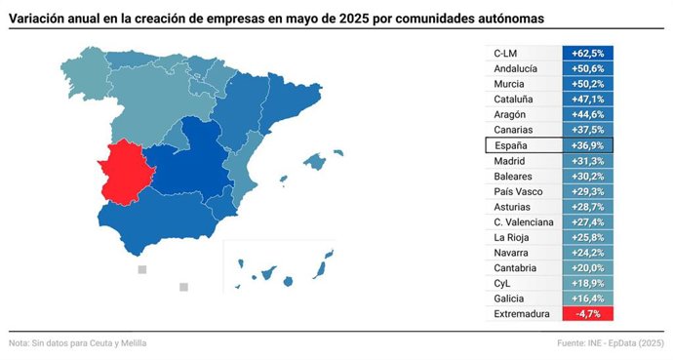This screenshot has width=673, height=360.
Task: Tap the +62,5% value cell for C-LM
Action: (587, 53)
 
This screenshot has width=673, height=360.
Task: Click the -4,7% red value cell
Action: (587, 314)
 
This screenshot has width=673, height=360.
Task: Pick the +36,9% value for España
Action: (587, 145)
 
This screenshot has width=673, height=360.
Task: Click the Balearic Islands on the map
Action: (314, 160)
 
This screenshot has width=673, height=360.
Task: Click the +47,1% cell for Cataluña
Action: (587, 100)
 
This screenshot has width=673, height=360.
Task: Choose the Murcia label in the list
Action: (509, 84)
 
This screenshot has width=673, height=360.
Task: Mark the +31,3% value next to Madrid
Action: (587, 161)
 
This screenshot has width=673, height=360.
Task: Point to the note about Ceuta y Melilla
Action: (78, 343)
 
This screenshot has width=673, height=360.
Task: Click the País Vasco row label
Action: (518, 191)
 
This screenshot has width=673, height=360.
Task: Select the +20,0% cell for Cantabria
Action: (587, 268)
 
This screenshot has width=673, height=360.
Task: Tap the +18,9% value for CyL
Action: (587, 283)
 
